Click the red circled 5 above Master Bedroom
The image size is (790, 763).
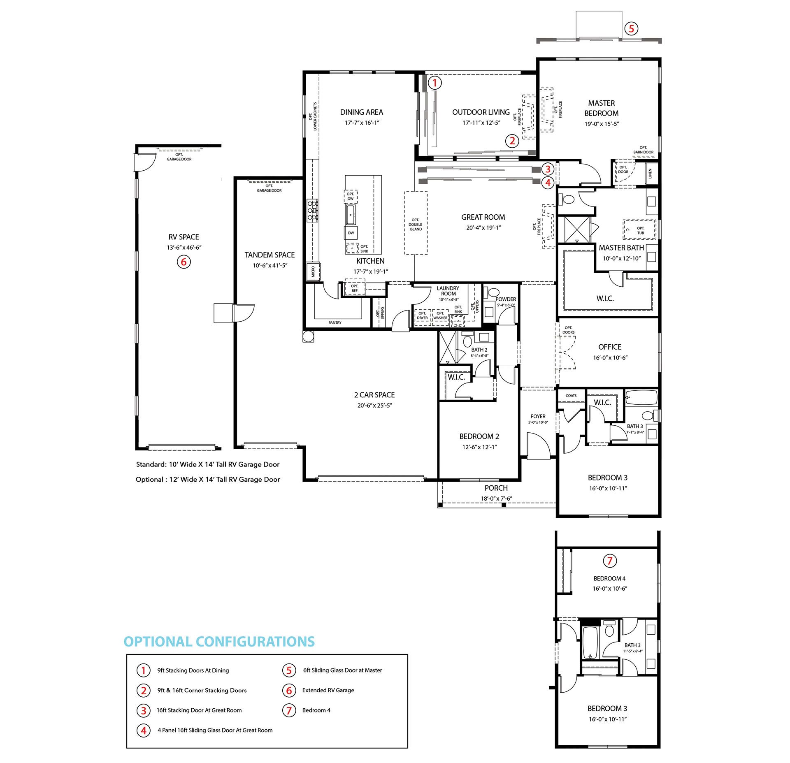tap(631, 28)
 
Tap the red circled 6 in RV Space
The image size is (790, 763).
tap(184, 262)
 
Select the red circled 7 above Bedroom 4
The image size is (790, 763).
tap(610, 560)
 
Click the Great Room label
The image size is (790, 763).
tap(483, 217)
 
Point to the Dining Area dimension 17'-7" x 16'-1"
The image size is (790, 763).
tap(362, 123)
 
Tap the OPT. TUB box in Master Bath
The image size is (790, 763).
tap(639, 230)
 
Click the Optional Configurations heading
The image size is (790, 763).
tap(219, 641)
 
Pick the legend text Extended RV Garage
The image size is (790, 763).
tap(328, 690)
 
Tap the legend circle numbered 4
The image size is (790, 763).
tap(144, 731)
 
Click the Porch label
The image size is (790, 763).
tap(496, 488)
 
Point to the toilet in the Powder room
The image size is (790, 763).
tap(492, 292)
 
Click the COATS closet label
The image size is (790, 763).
tap(571, 396)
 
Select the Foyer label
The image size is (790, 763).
tap(538, 416)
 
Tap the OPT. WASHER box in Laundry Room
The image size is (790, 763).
tap(440, 318)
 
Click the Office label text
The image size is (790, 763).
tap(610, 347)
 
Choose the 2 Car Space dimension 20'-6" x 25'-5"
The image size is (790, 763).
tap(374, 406)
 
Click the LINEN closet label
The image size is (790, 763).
tap(650, 173)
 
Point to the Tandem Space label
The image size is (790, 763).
tap(270, 255)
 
